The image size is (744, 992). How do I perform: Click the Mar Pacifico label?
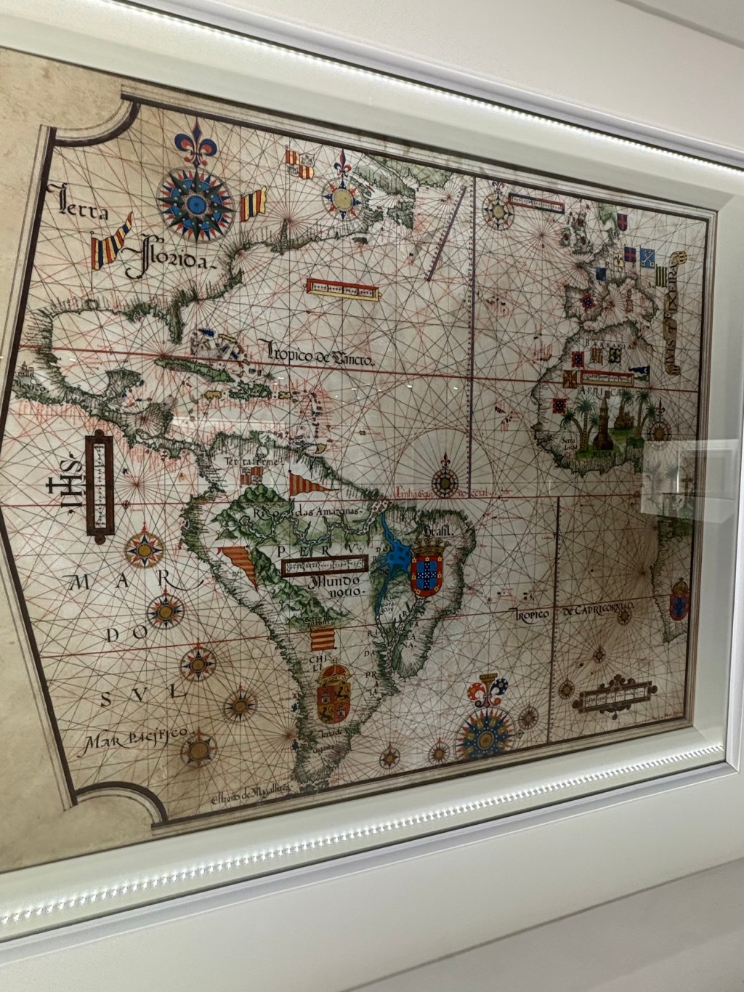(x=135, y=737)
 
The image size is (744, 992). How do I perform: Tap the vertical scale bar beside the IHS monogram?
(x=99, y=485)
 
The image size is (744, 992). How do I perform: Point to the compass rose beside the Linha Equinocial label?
(x=443, y=481)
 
